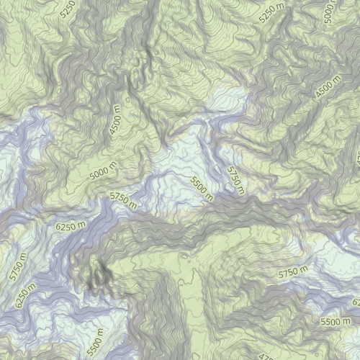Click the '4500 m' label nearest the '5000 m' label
pos(115,119)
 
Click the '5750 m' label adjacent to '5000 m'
pos(123,199)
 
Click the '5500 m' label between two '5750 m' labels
pos(202,188)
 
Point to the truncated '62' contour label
pos(355,301)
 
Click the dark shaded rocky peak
pos(99,276)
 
